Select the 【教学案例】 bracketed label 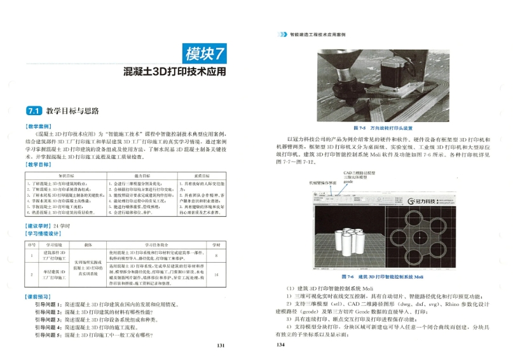[39, 127]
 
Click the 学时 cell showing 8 [216, 256]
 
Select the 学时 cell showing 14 [216, 275]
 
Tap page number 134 [280, 345]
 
